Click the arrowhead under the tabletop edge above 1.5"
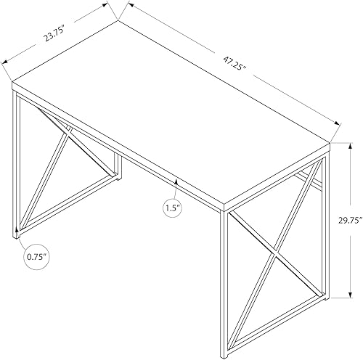(x=175, y=177)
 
